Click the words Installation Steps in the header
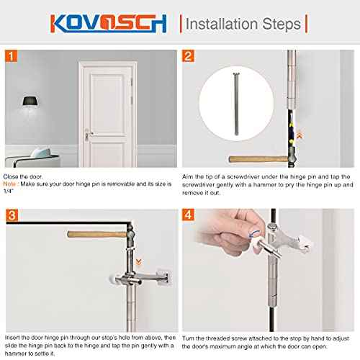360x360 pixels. [243, 24]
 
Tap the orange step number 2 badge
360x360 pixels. [189, 55]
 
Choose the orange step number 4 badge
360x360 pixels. [189, 215]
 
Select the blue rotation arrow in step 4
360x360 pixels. [249, 233]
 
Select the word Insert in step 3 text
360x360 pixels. [13, 336]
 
